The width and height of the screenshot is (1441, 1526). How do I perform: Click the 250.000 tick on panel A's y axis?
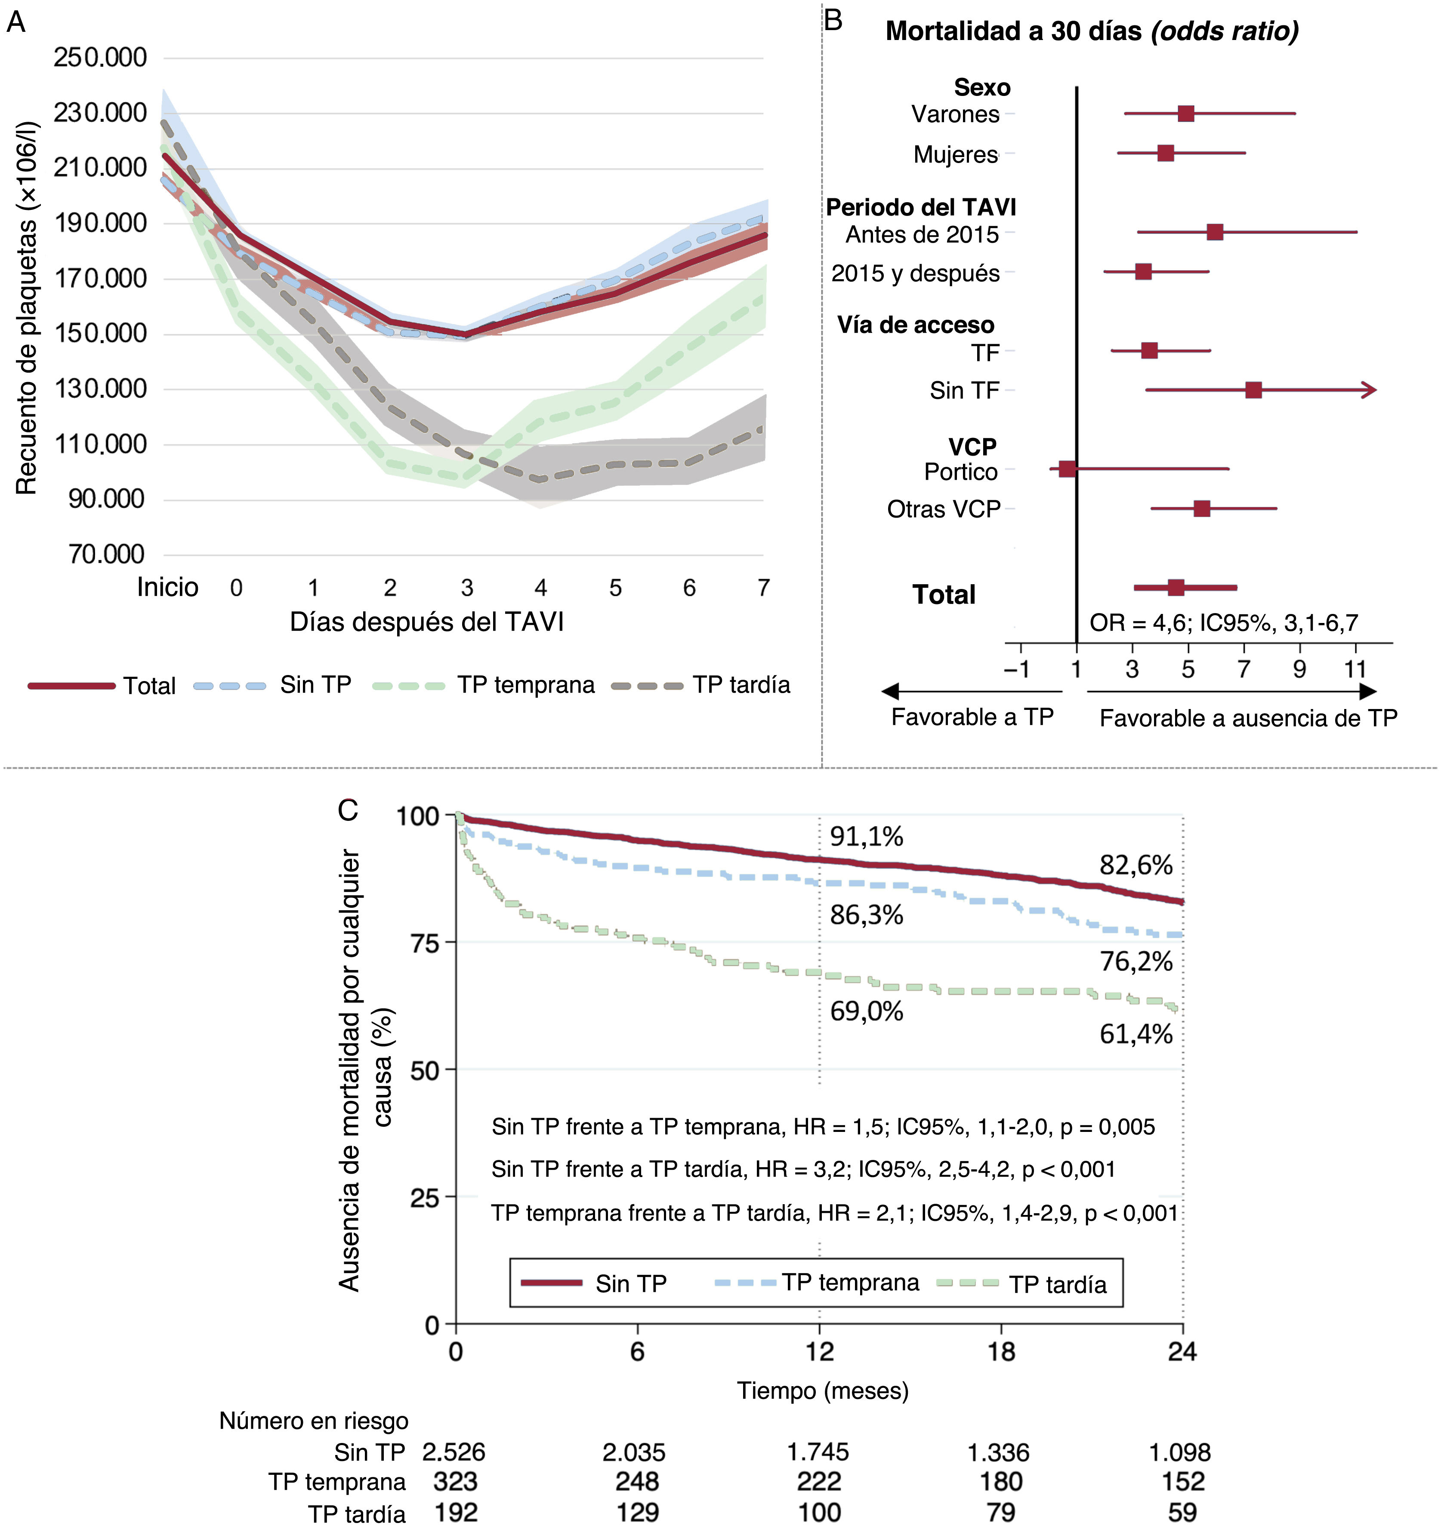100,58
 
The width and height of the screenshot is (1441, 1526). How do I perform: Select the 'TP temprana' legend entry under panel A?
525,684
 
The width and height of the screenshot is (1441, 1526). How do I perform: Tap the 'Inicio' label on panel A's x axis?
167,588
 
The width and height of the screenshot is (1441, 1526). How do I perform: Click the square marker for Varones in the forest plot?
1186,114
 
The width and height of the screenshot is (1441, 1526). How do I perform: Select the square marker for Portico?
1067,469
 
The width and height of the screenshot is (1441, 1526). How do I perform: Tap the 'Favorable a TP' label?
972,717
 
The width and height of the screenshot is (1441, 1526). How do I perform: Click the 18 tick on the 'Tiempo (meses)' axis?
1001,1352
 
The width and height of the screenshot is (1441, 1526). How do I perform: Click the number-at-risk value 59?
1182,1512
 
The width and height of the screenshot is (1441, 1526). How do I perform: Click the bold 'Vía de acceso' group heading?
916,325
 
